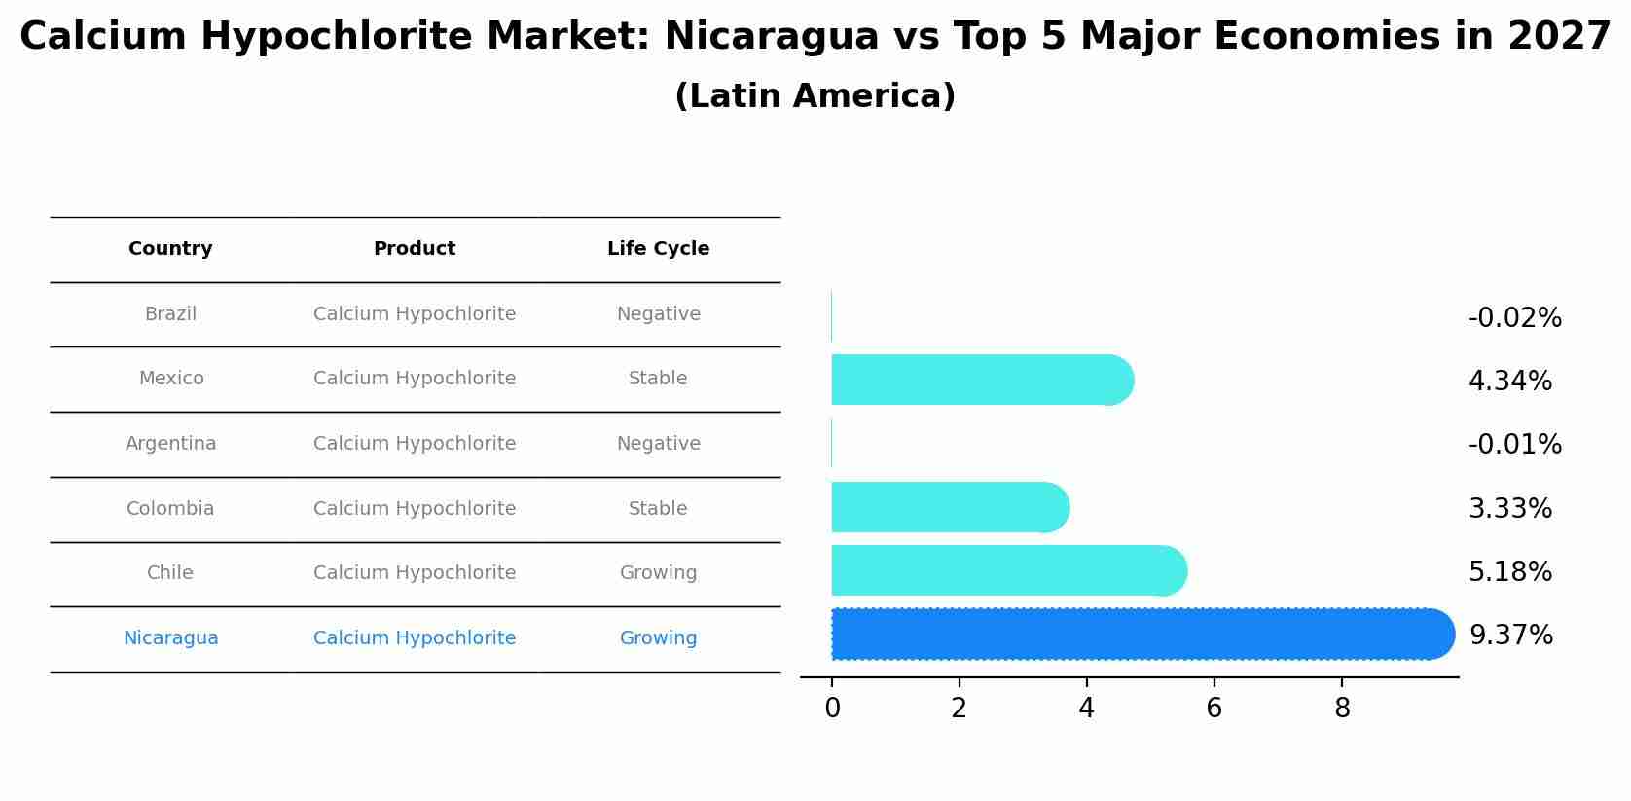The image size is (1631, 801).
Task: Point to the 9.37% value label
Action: [x=1510, y=636]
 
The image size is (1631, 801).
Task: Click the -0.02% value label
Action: [x=1514, y=318]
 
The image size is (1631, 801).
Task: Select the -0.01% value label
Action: [x=1514, y=445]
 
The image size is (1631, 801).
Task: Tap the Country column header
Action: [x=170, y=249]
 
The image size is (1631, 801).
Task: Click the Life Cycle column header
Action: [x=658, y=249]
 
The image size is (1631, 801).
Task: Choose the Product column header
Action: [x=415, y=249]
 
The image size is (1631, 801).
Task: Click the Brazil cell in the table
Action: [x=170, y=314]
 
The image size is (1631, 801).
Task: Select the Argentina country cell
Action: [x=170, y=444]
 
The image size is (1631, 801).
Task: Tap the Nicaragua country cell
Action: [x=170, y=638]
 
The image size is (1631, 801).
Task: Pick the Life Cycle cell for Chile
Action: [x=658, y=573]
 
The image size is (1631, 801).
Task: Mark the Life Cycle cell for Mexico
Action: [x=658, y=379]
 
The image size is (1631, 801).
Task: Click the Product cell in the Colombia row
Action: [x=415, y=509]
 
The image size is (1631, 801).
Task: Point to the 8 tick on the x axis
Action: [x=1342, y=709]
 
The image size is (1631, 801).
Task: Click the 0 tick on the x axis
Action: [x=832, y=709]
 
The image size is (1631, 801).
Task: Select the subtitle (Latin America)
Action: [x=815, y=96]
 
